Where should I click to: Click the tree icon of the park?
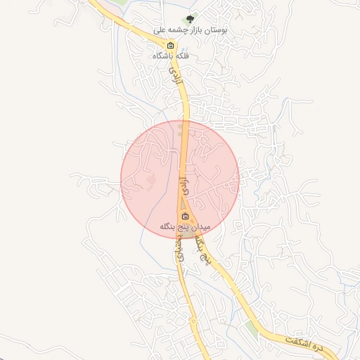[x=189, y=20]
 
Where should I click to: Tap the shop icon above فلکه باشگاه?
[x=169, y=45]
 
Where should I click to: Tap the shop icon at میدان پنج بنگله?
[x=185, y=216]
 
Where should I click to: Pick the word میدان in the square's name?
[x=198, y=226]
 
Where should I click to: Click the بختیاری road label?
[x=180, y=247]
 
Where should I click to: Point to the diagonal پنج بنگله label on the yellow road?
[x=202, y=247]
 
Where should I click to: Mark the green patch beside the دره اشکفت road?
[x=252, y=329]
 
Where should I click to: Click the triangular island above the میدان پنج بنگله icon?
[x=184, y=204]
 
